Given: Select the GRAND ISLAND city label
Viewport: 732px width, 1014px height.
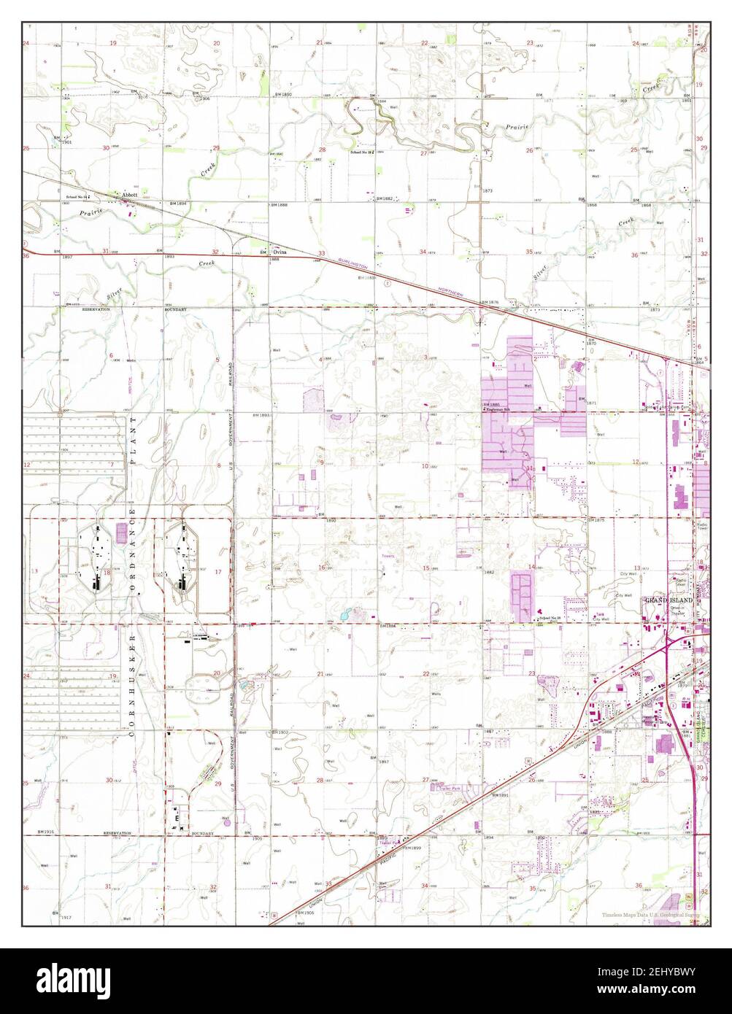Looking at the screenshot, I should (668, 600).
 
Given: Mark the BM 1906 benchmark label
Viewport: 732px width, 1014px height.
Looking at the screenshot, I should (305, 913).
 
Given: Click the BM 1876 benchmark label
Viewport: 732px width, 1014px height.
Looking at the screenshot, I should (490, 302).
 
